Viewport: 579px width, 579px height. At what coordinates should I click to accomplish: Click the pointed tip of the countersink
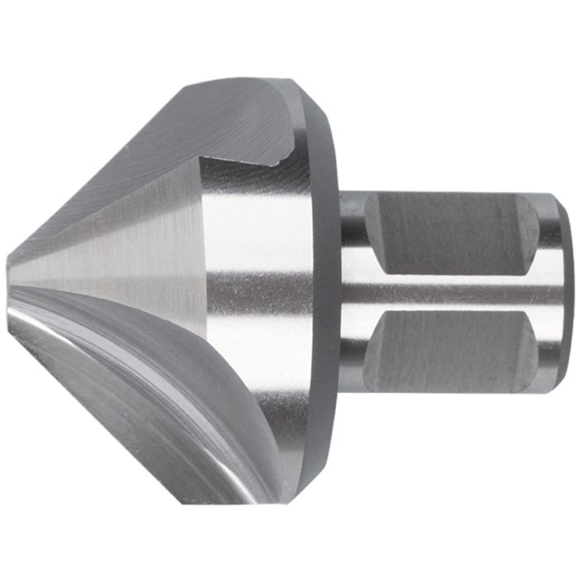[10, 266]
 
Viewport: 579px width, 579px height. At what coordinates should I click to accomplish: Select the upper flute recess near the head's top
[240, 116]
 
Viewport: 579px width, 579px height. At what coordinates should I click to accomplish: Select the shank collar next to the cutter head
[351, 289]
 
